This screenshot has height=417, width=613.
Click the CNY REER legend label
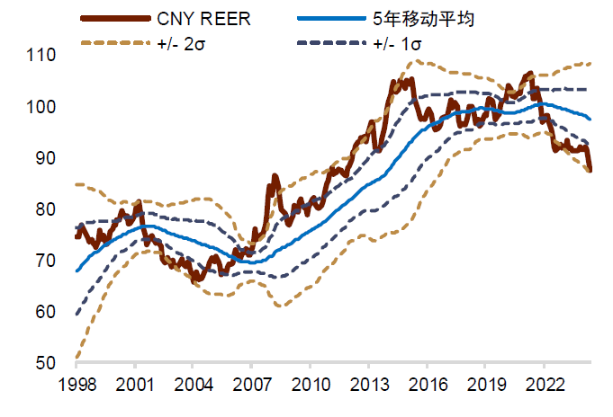tap(206, 18)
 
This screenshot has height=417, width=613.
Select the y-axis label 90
tap(45, 158)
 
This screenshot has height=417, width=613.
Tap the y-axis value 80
tap(45, 209)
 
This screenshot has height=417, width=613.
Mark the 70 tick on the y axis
tap(45, 261)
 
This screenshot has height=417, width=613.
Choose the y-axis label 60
tap(45, 312)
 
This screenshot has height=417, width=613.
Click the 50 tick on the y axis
tap(45, 364)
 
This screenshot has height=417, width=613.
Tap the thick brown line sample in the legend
tap(114, 19)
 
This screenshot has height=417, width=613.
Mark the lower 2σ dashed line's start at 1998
tap(77, 358)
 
